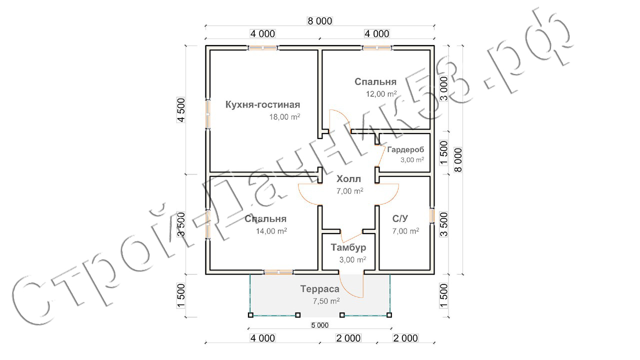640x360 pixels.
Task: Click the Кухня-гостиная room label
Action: tap(262, 105)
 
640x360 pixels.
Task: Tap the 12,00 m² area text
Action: tap(381, 93)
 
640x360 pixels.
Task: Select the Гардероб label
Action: tap(405, 149)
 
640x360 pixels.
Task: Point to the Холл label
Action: tap(348, 179)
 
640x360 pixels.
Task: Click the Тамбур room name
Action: tap(348, 247)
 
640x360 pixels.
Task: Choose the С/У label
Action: tap(400, 218)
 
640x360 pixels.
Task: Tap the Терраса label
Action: tap(319, 289)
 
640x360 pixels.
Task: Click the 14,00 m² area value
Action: tap(271, 231)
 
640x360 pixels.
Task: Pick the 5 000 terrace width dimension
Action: tap(319, 325)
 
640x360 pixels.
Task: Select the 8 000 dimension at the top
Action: tap(319, 21)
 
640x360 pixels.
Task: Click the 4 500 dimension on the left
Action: tap(181, 110)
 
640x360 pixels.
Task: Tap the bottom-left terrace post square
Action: tap(250, 315)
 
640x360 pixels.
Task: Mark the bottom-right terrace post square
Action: tap(389, 315)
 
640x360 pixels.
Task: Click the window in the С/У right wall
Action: tap(432, 215)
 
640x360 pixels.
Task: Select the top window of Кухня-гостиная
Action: tap(262, 47)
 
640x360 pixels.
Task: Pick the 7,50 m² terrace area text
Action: tap(326, 301)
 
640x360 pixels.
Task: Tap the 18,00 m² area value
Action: tap(284, 116)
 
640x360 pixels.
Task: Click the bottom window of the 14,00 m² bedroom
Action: tap(278, 272)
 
